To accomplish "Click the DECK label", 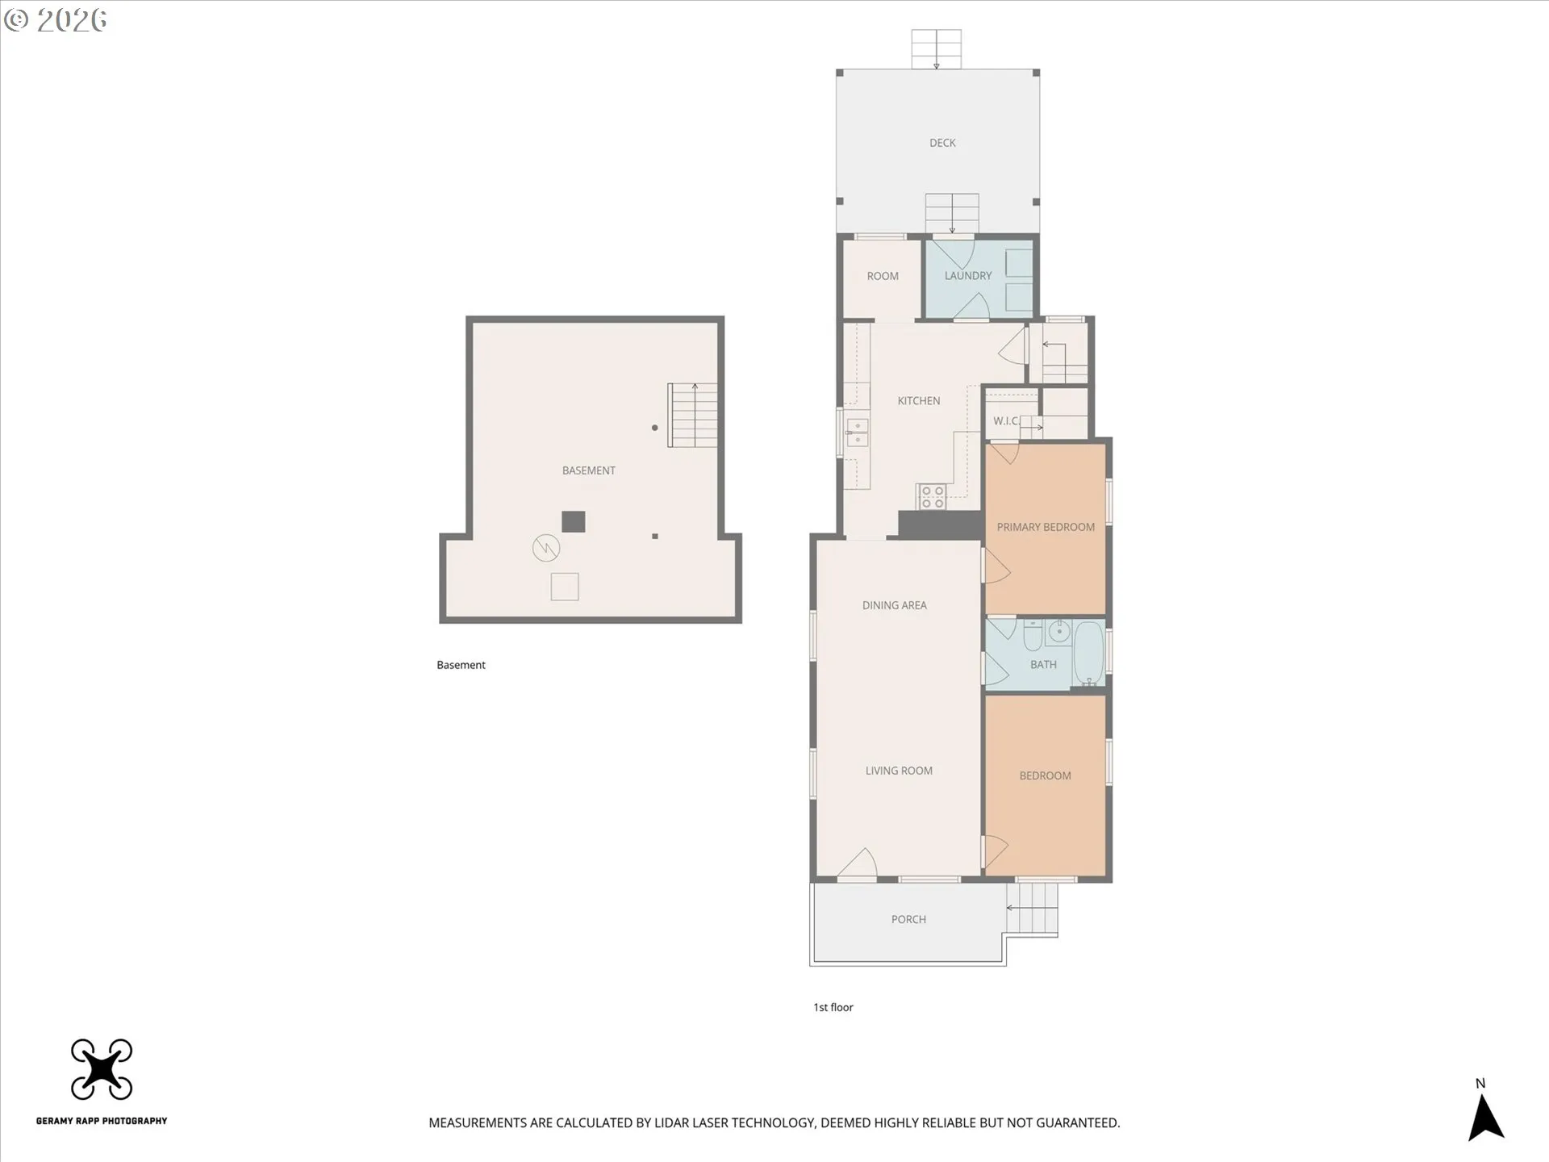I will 942,143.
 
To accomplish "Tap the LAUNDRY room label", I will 967,275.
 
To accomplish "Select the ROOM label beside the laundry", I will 882,276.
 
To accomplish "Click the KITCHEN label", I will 918,400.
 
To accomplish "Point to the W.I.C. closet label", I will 1005,420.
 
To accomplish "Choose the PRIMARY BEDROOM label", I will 1045,527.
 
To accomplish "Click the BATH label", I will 1042,664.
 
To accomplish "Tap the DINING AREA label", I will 894,605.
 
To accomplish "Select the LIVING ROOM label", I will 898,771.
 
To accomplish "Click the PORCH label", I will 908,919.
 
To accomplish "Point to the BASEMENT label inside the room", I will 588,470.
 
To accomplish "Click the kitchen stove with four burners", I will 933,496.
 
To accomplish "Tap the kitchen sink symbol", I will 856,433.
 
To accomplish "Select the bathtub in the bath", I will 1088,652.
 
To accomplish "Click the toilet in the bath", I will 1033,636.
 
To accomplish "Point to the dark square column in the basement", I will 573,522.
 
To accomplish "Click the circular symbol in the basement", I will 546,549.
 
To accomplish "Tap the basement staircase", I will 693,415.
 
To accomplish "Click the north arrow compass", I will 1484,1117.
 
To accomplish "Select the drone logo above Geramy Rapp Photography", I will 102,1068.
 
